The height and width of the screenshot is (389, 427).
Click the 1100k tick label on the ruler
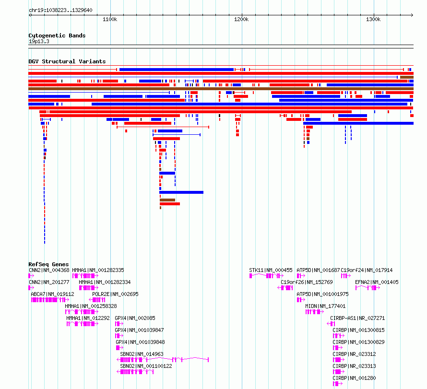[110, 19]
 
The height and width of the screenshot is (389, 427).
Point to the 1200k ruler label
[241, 19]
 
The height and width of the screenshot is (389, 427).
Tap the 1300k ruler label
[373, 19]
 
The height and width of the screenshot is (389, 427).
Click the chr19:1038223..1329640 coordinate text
[60, 11]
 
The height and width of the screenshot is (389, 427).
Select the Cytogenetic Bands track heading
[57, 35]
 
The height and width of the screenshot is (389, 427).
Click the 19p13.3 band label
[39, 41]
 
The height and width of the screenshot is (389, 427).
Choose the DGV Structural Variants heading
[67, 61]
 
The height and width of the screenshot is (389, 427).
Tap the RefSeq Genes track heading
[48, 264]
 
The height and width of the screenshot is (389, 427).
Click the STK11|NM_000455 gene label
[271, 271]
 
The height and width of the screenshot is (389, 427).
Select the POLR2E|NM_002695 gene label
[115, 294]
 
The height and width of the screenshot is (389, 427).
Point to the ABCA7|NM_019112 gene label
[53, 294]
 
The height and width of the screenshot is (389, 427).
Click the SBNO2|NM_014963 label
[142, 354]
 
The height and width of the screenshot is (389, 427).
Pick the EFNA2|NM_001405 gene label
[377, 283]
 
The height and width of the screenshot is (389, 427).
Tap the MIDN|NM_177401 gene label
[325, 306]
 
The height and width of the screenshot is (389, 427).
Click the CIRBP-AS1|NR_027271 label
[357, 318]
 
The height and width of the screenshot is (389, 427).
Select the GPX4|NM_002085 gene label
[135, 318]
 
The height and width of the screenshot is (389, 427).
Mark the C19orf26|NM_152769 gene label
[307, 283]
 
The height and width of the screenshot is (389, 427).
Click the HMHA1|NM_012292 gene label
[88, 318]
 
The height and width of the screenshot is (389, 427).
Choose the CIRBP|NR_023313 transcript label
[354, 366]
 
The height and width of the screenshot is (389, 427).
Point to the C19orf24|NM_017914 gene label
[367, 271]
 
